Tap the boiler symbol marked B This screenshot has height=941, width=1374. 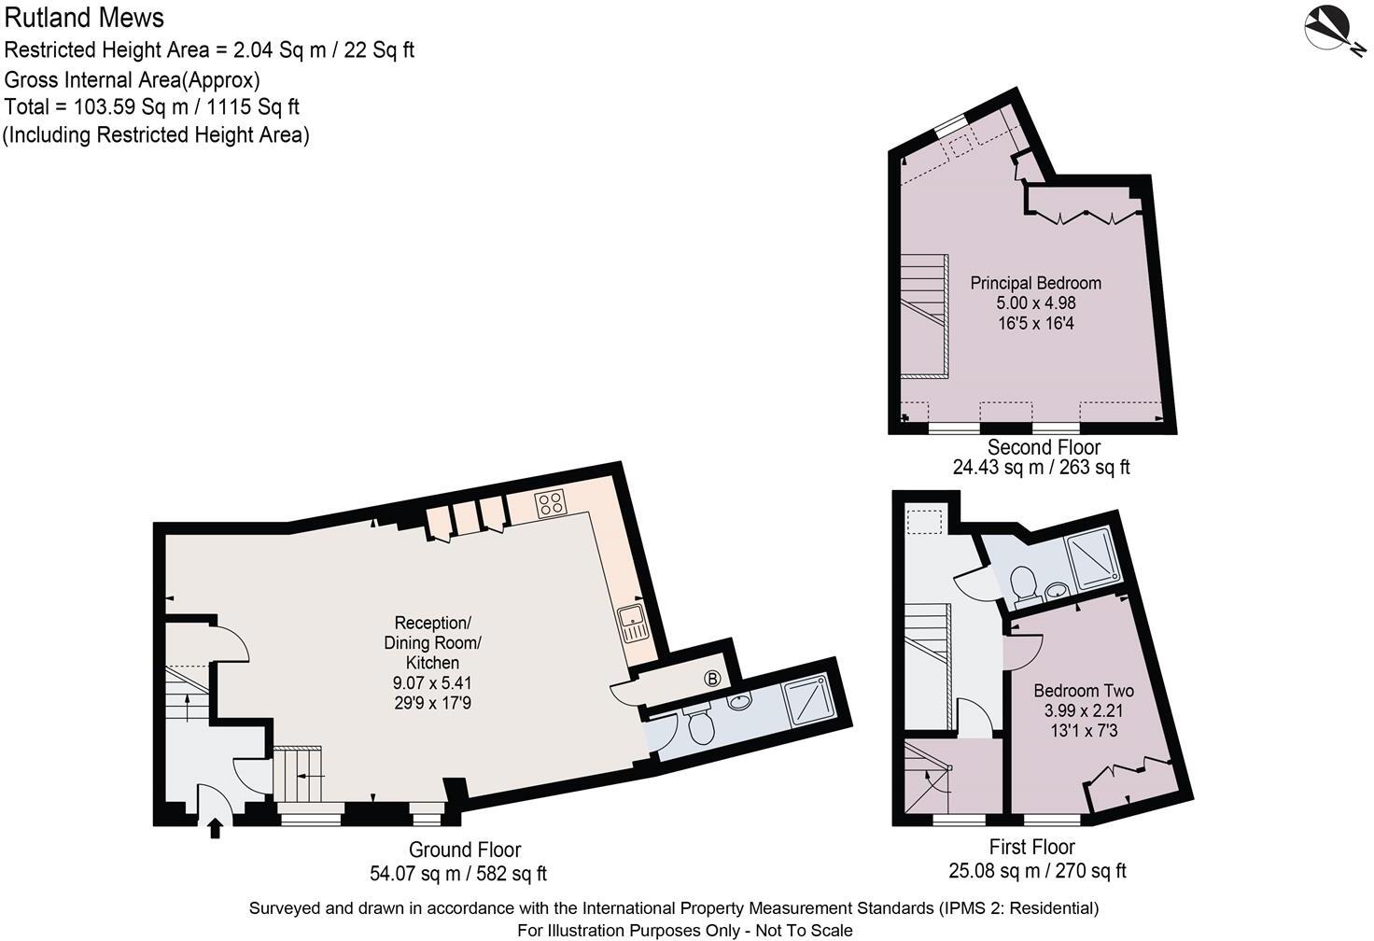click(712, 679)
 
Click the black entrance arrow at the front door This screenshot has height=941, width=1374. click(216, 827)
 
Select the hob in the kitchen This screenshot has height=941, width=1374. click(550, 504)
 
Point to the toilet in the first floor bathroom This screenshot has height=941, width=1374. click(1025, 583)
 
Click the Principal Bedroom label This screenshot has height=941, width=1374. click(1035, 283)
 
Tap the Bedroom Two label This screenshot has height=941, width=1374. click(1083, 691)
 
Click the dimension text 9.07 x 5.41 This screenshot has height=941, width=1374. click(432, 683)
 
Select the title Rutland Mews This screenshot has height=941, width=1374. click(84, 18)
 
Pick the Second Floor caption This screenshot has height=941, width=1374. click(1044, 447)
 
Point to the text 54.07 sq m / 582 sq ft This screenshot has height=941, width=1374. click(458, 874)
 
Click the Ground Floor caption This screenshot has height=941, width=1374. click(465, 850)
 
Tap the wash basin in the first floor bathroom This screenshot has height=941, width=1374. click(1058, 590)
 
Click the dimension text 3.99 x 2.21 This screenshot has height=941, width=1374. click(1084, 710)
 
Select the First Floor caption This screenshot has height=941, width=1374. click(1031, 847)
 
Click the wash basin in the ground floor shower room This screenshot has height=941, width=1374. click(740, 701)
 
